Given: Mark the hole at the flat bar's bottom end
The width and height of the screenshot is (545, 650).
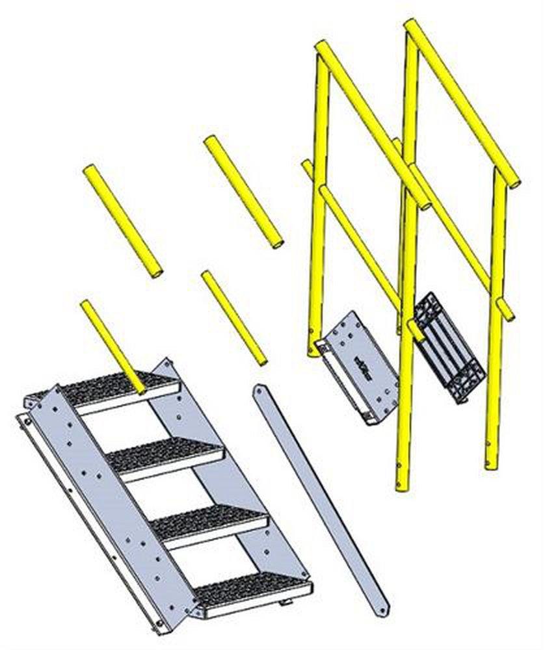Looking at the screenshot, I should pos(378,610).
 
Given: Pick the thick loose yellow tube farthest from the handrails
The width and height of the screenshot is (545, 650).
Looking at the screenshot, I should pos(122,221).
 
